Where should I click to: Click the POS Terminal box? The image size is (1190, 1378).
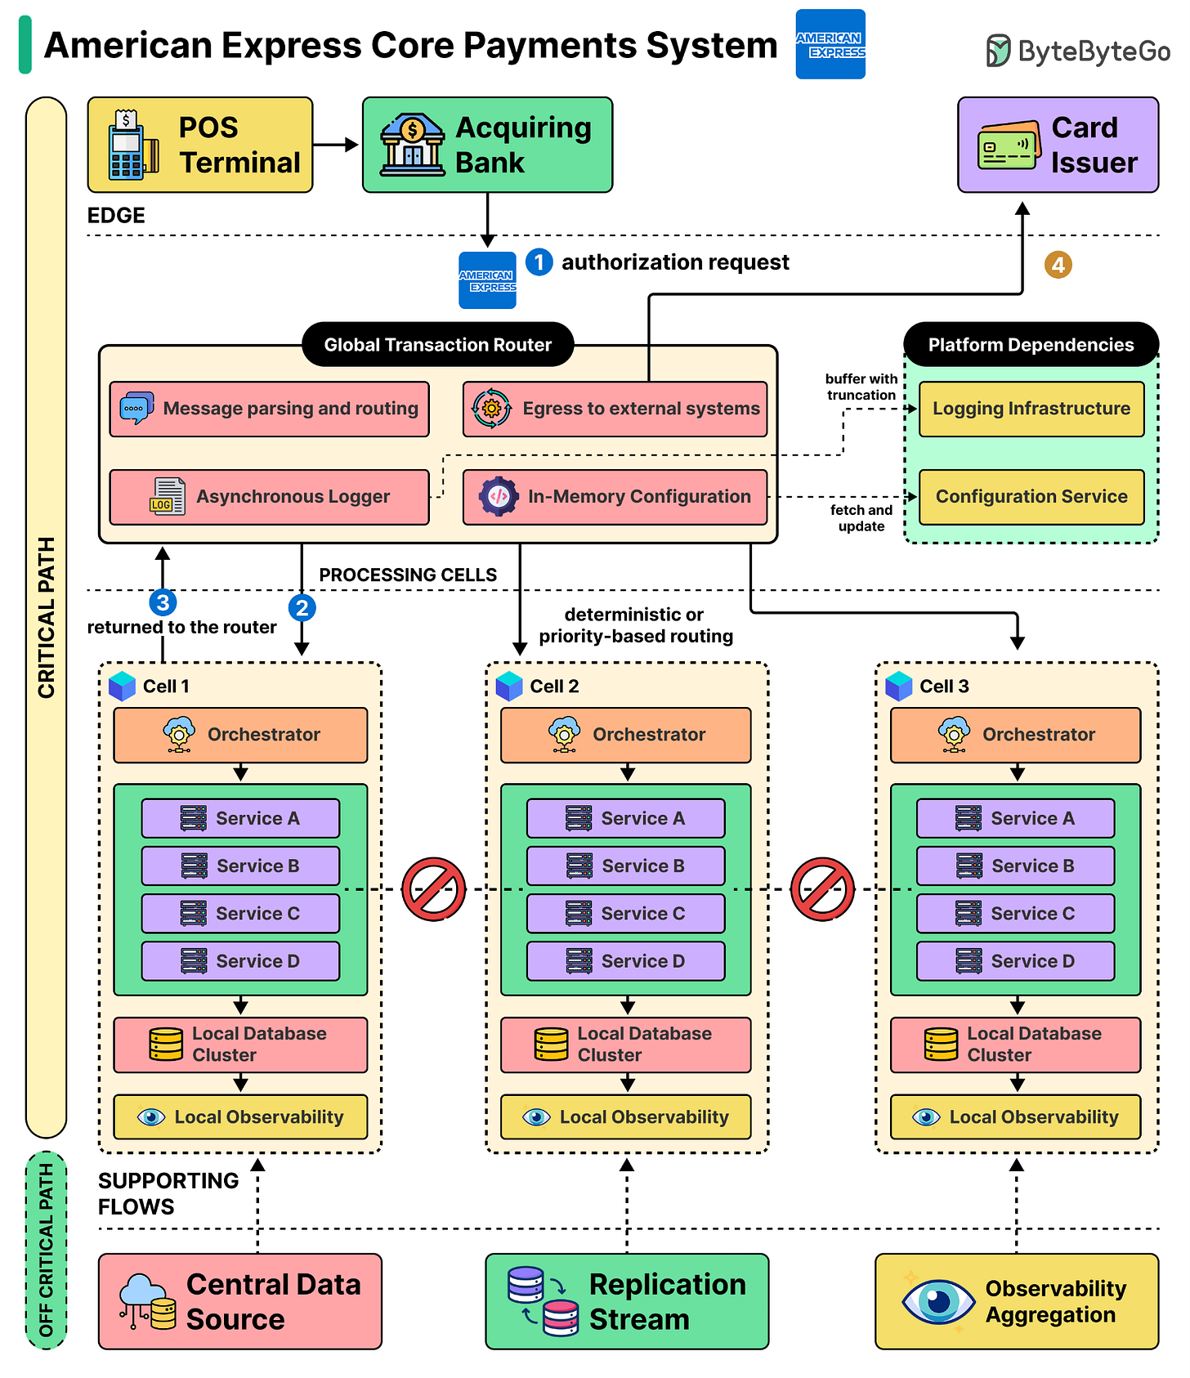click(200, 145)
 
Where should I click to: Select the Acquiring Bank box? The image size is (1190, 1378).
click(487, 145)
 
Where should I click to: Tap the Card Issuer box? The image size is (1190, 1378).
click(1058, 145)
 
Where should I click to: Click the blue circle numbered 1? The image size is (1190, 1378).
click(539, 262)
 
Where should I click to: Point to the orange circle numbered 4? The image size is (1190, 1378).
click(1058, 265)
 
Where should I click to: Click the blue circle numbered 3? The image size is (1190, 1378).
click(163, 603)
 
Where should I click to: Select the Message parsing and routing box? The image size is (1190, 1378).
click(270, 409)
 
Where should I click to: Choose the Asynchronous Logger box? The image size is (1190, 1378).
click(270, 497)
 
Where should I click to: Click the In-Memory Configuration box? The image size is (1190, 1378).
click(615, 497)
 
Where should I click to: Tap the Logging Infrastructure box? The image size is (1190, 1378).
click(1031, 409)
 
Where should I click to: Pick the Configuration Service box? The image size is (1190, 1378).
click(1031, 497)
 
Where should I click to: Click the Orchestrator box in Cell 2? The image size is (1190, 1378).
click(626, 735)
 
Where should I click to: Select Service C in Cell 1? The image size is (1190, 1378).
click(240, 914)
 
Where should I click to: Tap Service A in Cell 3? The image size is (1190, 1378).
click(1016, 818)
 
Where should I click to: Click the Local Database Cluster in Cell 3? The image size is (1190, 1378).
click(1016, 1045)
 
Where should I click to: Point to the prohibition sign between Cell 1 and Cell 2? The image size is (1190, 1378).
click(434, 889)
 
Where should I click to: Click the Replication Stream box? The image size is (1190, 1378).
click(627, 1301)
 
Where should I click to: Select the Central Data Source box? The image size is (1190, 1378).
click(240, 1301)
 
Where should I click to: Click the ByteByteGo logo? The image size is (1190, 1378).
click(1078, 51)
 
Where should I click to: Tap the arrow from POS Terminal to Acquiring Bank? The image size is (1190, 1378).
click(336, 145)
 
